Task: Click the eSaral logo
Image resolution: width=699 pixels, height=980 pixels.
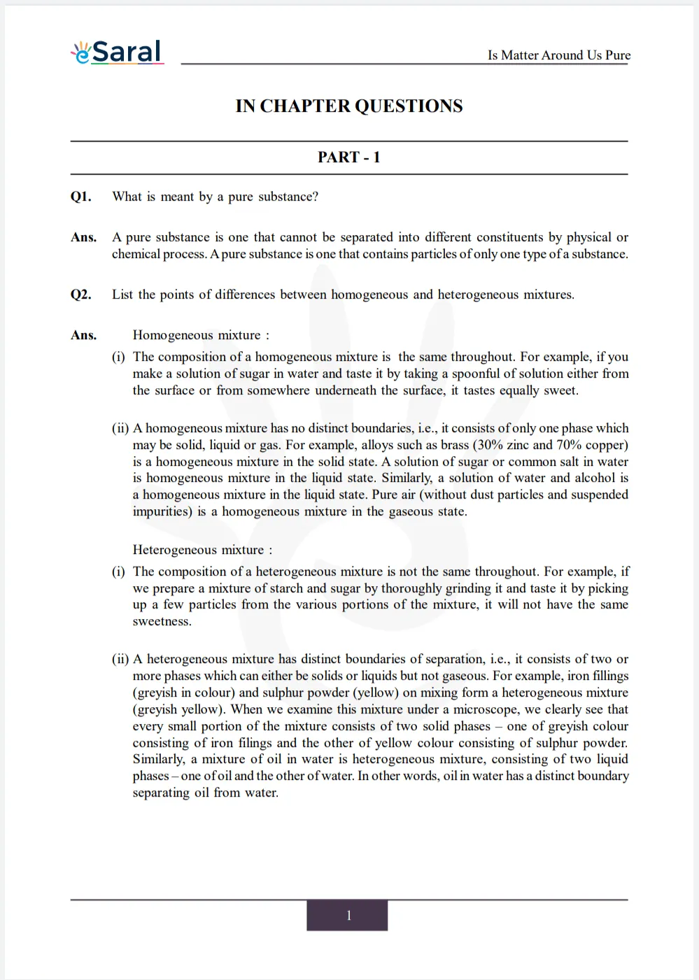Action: point(118,52)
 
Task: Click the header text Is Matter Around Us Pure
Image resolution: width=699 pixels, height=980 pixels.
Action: point(558,55)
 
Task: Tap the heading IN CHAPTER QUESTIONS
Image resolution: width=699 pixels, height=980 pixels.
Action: point(348,106)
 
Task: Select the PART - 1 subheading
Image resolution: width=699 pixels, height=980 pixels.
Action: point(348,157)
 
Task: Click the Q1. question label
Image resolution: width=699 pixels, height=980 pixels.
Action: point(80,197)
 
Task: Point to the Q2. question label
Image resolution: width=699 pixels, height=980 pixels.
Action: point(80,294)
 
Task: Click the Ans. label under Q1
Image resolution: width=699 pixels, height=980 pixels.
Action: point(83,237)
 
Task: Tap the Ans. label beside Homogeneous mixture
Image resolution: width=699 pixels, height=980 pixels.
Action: point(83,335)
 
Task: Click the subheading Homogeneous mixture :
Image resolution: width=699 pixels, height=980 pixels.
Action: point(201,335)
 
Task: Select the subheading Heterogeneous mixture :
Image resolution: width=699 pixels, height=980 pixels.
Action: point(202,550)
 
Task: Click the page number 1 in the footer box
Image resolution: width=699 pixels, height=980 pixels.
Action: point(348,916)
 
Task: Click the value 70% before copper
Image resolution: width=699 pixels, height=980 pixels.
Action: point(569,445)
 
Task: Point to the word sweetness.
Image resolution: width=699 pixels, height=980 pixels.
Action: point(162,621)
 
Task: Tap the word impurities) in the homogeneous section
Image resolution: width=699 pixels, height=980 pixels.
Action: point(162,511)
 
